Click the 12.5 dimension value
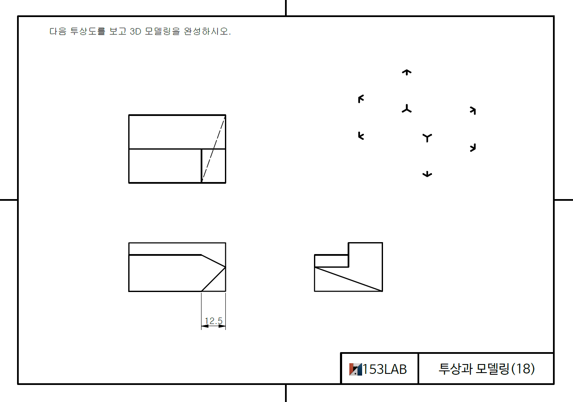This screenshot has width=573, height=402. [213, 321]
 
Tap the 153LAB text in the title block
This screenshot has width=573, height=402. [384, 369]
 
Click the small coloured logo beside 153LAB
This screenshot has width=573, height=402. [355, 369]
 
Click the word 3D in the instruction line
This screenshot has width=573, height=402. [135, 32]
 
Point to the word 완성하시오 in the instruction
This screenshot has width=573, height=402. [207, 32]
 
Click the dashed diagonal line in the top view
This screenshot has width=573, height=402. [213, 149]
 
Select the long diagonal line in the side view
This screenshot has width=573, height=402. [348, 279]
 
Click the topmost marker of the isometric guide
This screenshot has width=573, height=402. [407, 72]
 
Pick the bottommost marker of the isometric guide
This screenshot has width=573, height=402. [427, 174]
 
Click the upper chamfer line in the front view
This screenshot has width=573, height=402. [213, 261]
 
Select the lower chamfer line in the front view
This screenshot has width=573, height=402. [213, 279]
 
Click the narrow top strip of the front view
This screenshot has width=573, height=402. [177, 249]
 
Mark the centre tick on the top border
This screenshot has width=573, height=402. [286, 8]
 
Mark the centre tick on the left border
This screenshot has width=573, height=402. [9, 200]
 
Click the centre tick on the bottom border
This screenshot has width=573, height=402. [286, 393]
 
